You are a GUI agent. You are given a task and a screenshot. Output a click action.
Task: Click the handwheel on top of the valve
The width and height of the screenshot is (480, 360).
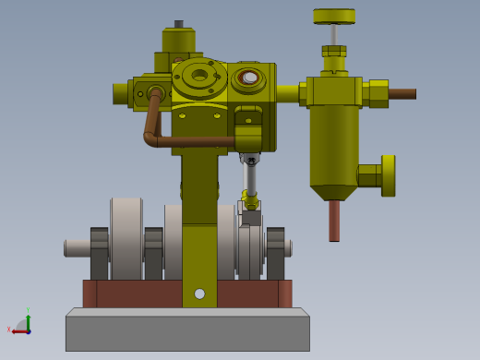point(334,16)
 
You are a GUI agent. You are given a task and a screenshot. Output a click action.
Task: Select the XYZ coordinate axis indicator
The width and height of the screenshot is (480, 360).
point(22,324)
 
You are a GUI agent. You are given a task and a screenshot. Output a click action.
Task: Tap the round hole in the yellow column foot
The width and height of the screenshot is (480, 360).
point(199,294)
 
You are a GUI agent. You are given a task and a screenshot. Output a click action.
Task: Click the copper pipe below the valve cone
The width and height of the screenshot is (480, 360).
point(334,221)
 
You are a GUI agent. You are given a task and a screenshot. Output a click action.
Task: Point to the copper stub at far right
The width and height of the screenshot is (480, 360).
point(402,93)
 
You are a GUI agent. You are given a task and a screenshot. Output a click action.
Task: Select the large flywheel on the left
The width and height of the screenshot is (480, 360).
point(126,237)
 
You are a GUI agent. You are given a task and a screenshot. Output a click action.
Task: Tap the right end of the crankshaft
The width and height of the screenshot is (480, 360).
point(288,247)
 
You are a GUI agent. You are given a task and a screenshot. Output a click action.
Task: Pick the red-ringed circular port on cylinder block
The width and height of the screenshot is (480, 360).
point(247,78)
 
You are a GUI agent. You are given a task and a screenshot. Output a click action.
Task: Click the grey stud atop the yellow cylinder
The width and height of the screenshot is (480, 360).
point(179,24)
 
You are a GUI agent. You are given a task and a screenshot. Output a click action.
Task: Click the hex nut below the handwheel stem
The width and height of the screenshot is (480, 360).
point(334,52)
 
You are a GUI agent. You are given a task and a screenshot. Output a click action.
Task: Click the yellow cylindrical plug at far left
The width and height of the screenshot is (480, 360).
point(121,92)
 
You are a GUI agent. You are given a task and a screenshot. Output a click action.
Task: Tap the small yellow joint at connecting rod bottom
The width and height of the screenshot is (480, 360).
point(248,199)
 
